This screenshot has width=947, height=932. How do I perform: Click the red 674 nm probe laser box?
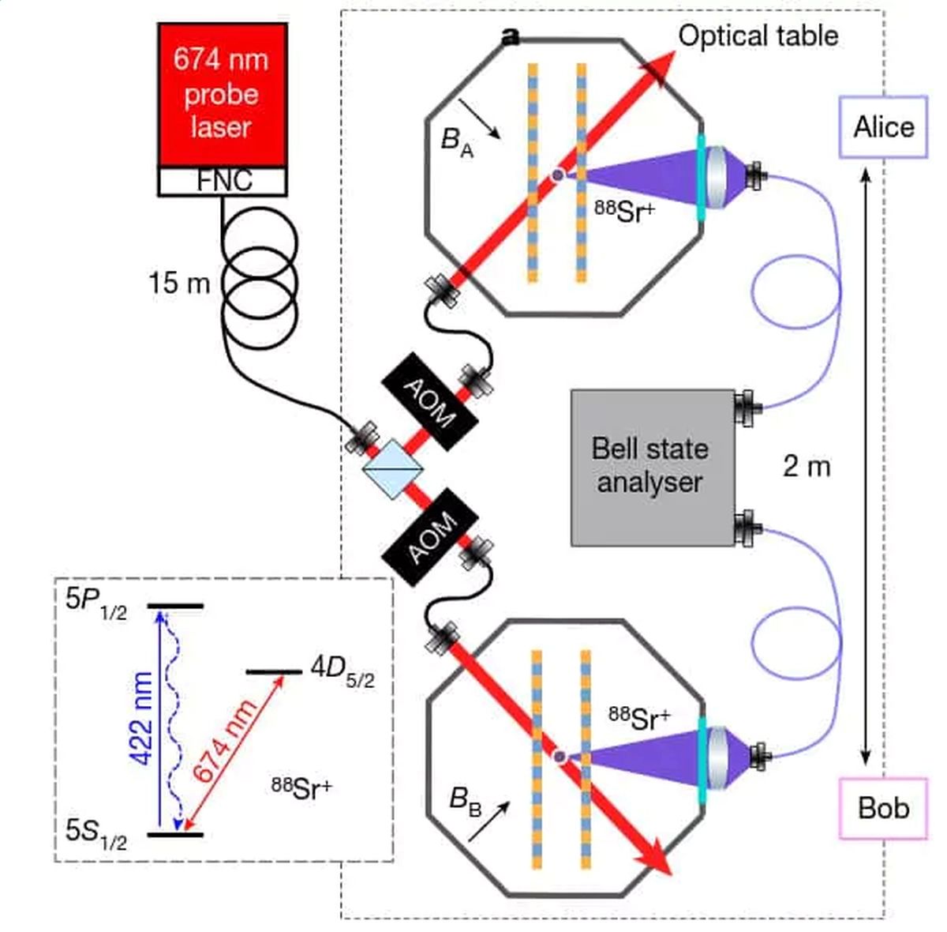(x=223, y=95)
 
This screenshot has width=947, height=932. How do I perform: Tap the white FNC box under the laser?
(x=223, y=181)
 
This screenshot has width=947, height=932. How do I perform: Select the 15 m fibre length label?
(x=179, y=284)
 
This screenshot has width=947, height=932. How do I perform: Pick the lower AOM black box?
(x=430, y=537)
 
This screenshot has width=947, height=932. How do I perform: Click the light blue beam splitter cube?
(x=392, y=469)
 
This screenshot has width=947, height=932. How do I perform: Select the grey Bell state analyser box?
(x=653, y=468)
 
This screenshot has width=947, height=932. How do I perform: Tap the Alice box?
(x=884, y=127)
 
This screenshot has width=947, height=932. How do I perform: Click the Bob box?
(x=884, y=808)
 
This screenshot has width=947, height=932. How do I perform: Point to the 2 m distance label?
(x=807, y=467)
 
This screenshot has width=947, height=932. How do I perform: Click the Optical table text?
(x=758, y=36)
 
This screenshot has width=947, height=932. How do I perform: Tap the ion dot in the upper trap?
(x=557, y=175)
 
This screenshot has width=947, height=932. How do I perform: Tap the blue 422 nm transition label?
(x=143, y=719)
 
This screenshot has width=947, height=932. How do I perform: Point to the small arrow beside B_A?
(x=480, y=118)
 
